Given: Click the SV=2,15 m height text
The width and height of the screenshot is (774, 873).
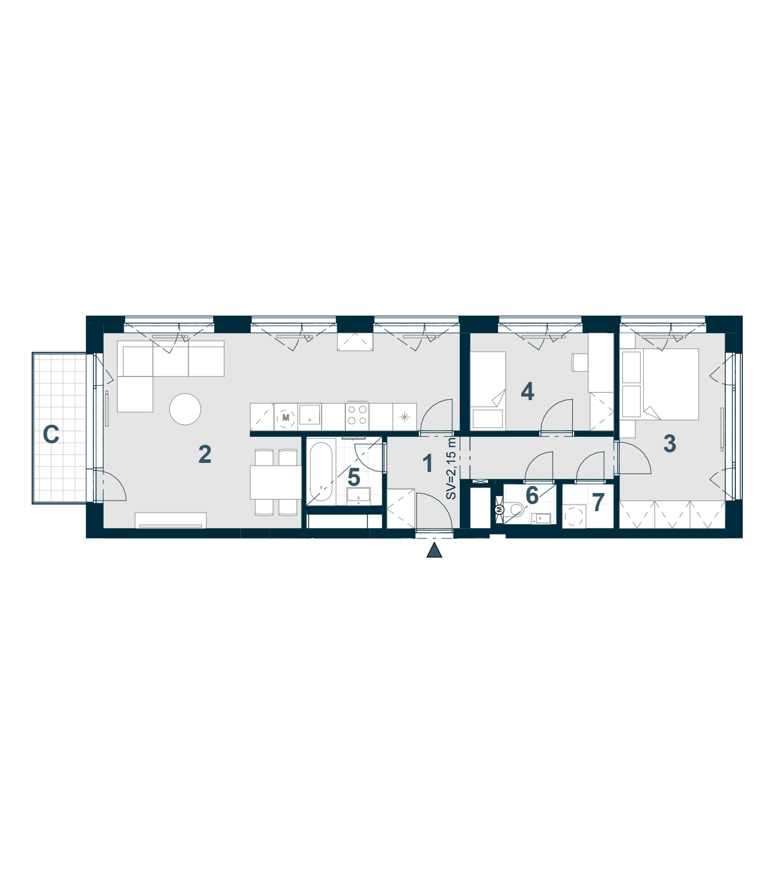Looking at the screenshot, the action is point(451,469).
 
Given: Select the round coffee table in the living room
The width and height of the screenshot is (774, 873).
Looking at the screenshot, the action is point(185,409).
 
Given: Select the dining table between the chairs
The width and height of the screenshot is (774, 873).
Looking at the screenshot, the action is point(275,482).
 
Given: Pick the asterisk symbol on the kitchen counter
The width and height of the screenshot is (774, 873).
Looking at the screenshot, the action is point(405,417).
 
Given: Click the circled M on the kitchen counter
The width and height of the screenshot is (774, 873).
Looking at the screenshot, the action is point(286,417).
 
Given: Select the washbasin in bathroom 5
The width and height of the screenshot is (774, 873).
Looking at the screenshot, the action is point(358,495).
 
